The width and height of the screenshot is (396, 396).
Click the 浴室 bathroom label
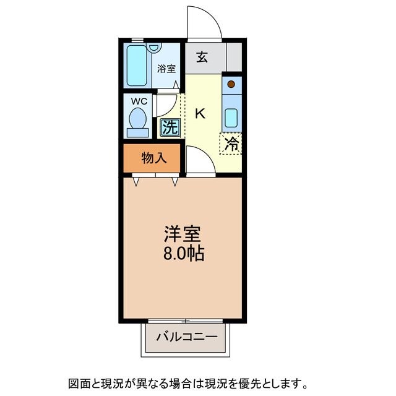coord(166,69)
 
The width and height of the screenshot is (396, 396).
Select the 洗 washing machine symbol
coord(170,127)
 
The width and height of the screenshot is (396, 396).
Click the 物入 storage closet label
coord(154,158)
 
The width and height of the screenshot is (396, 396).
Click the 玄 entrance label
coord(202,58)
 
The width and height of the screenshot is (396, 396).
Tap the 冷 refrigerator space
coord(231,144)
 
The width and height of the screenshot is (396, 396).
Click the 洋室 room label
coord(182,235)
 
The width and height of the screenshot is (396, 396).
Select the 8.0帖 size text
coord(184,253)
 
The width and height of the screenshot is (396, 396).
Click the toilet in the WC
coord(137,121)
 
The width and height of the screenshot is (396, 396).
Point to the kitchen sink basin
coord(231,117)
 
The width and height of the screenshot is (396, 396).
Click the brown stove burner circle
coord(231,84)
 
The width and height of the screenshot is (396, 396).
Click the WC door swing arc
coord(167,105)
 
